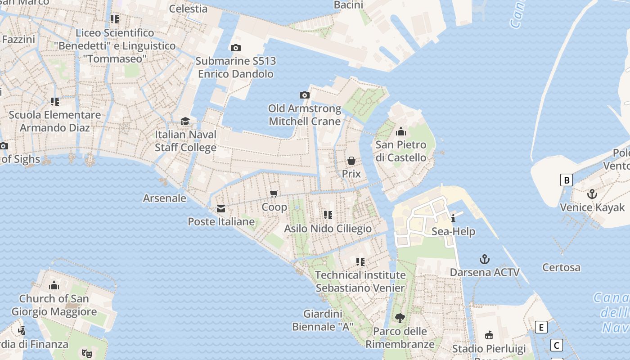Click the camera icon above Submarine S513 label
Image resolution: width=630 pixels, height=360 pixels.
pos(235,48)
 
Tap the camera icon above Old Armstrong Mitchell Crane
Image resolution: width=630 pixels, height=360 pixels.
pos(305,95)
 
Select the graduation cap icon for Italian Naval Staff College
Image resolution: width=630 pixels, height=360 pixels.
pos(185,121)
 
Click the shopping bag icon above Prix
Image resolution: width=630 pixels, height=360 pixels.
pos(351,161)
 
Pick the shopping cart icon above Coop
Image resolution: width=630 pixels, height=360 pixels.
pos(274,194)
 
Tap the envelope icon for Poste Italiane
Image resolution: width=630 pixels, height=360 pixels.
pos(221,209)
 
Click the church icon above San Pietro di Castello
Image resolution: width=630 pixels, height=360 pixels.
pos(400,131)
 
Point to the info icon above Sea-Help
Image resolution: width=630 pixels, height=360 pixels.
pos(453,218)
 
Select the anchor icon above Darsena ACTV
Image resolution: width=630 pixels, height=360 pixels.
pos(484,259)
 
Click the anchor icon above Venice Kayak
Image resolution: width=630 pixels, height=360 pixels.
pos(592,194)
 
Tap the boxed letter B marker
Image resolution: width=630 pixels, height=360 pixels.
pos(567,180)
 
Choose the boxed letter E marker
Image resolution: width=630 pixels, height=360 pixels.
pos(541,327)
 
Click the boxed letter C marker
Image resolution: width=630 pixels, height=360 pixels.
pos(557,345)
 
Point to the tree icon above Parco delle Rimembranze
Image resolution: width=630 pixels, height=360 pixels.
pos(400,318)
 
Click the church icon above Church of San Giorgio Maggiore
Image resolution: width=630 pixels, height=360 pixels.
pos(54,285)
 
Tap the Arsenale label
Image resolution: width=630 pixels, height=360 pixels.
pos(164,198)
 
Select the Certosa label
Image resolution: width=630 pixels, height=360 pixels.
pos(561,267)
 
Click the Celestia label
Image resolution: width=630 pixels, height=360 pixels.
pos(188,9)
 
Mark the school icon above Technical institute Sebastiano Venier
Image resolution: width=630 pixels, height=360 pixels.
pos(360,261)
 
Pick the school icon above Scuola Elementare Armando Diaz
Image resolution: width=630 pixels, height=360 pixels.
pos(55,102)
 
